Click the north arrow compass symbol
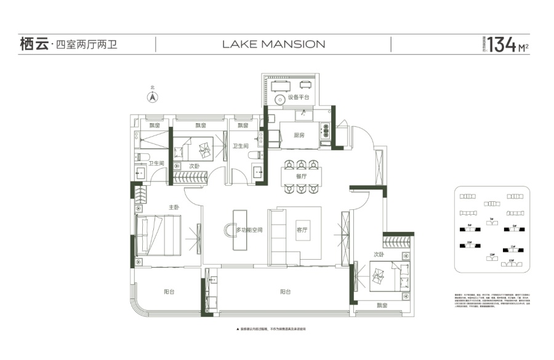coord(152,97)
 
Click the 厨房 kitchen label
coord(300,134)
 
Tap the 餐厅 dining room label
coord(301,176)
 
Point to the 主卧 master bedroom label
coord(174,207)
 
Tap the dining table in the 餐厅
coord(300,177)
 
